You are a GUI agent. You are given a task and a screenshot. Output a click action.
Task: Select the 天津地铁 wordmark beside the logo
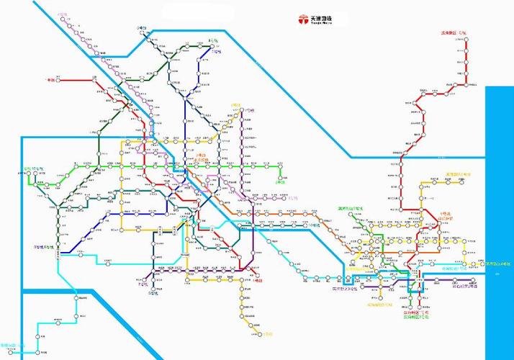pos(321,17)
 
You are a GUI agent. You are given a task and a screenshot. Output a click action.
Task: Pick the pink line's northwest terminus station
pos(66,17)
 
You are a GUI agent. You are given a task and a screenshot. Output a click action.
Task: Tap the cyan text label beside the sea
pos(498,264)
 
